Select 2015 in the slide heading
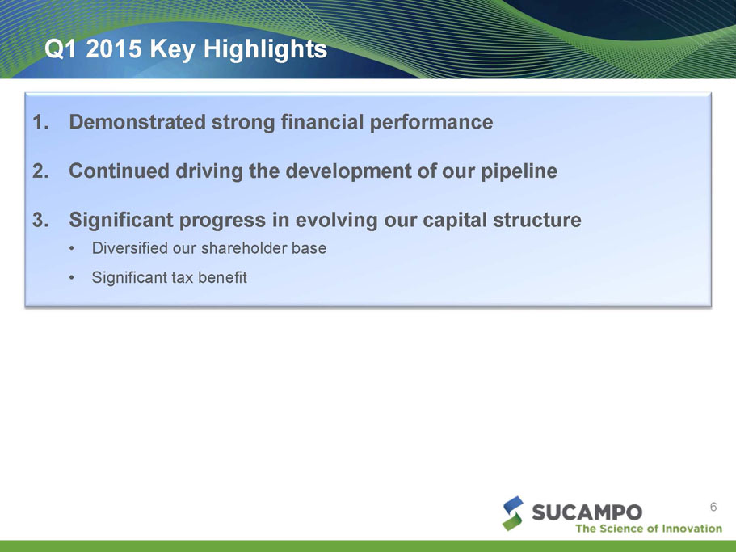coord(114,48)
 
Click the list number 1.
coord(40,122)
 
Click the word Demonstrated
coord(137,122)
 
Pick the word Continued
coord(120,171)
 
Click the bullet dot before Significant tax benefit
coord(71,278)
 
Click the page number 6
coord(713,507)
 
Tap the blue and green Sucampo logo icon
coord(513,513)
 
